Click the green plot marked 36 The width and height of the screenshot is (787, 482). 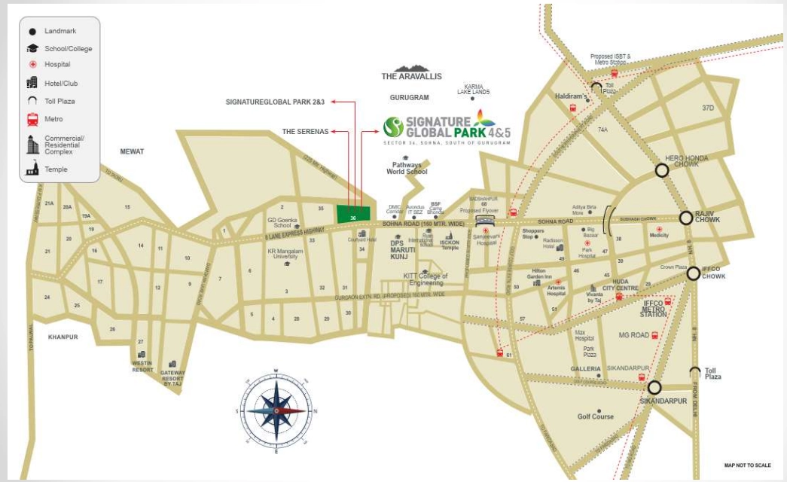(x=353, y=214)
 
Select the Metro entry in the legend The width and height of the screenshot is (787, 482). (x=53, y=119)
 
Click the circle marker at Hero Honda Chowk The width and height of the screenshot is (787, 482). (x=661, y=171)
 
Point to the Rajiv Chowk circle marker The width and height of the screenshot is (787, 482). (x=686, y=218)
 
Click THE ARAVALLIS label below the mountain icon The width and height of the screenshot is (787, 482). (x=411, y=77)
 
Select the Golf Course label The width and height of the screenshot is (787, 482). (x=595, y=416)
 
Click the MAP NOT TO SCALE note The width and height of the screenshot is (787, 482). (x=747, y=465)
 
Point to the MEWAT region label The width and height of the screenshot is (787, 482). (x=132, y=151)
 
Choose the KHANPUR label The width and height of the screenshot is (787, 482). (x=63, y=337)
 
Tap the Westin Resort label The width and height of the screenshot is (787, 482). (x=142, y=366)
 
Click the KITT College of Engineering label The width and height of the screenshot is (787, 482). (x=426, y=279)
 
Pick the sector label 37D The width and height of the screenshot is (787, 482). (x=708, y=108)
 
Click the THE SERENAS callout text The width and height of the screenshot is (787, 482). (x=305, y=131)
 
